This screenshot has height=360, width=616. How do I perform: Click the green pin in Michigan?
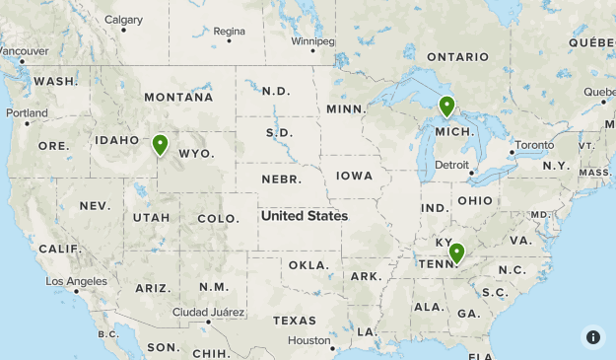446,106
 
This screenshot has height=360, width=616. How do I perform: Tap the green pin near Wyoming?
160,145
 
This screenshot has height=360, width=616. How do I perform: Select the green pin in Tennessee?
456,253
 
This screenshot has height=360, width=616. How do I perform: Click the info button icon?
593,336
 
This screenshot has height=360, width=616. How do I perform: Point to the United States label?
305,216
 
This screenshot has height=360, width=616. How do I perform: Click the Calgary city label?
123,20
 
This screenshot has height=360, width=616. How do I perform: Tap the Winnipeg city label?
313,41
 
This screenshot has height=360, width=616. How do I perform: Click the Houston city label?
309,340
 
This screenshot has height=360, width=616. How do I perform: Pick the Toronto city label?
534,145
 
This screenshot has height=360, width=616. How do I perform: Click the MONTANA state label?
178,98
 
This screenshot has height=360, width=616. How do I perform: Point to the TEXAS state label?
295,321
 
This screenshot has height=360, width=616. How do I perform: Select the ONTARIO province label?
457,57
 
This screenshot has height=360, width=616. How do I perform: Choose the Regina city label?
229,31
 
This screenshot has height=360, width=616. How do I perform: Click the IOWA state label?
355,176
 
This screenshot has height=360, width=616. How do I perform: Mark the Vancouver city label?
24,51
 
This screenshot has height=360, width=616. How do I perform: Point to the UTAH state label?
151,217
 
